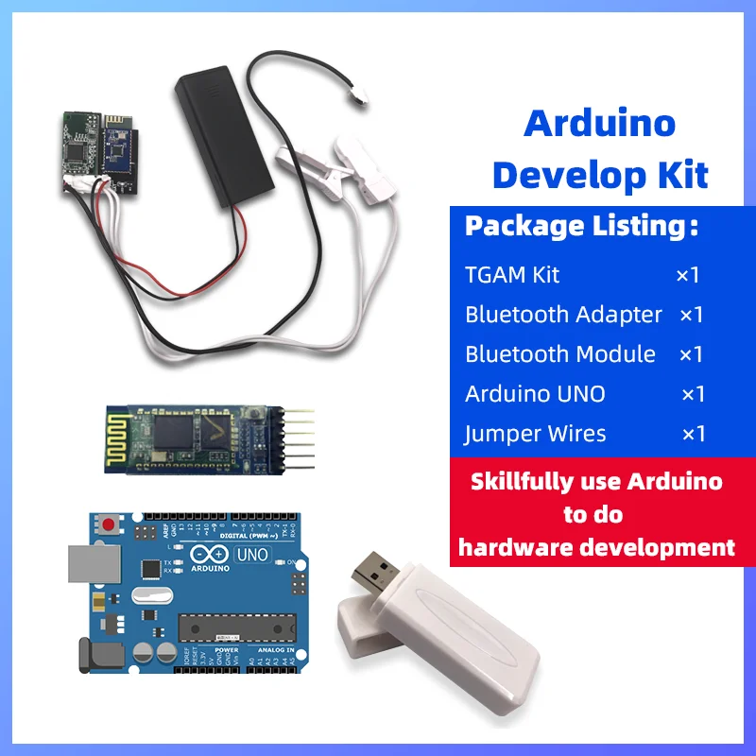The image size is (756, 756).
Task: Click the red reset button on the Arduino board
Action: pyautogui.click(x=112, y=523)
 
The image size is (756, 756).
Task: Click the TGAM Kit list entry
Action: pyautogui.click(x=512, y=275)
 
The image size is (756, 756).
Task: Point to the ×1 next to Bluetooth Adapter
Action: pyautogui.click(x=691, y=315)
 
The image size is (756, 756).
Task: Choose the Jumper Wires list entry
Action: pyautogui.click(x=535, y=434)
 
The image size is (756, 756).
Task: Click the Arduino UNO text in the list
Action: pyautogui.click(x=535, y=394)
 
